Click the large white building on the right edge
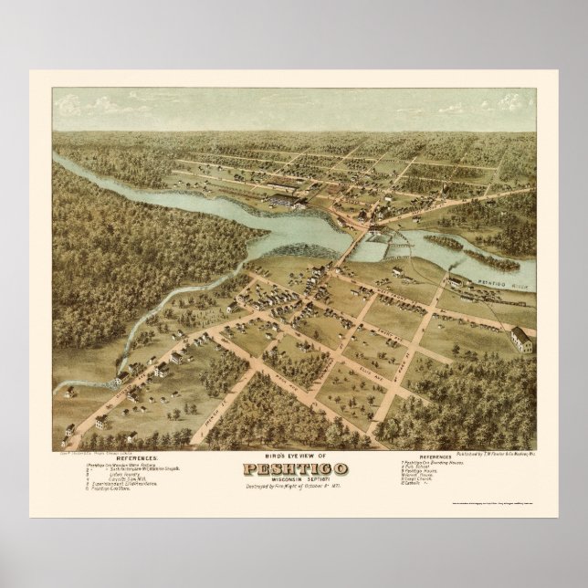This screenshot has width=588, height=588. tap(523, 340)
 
